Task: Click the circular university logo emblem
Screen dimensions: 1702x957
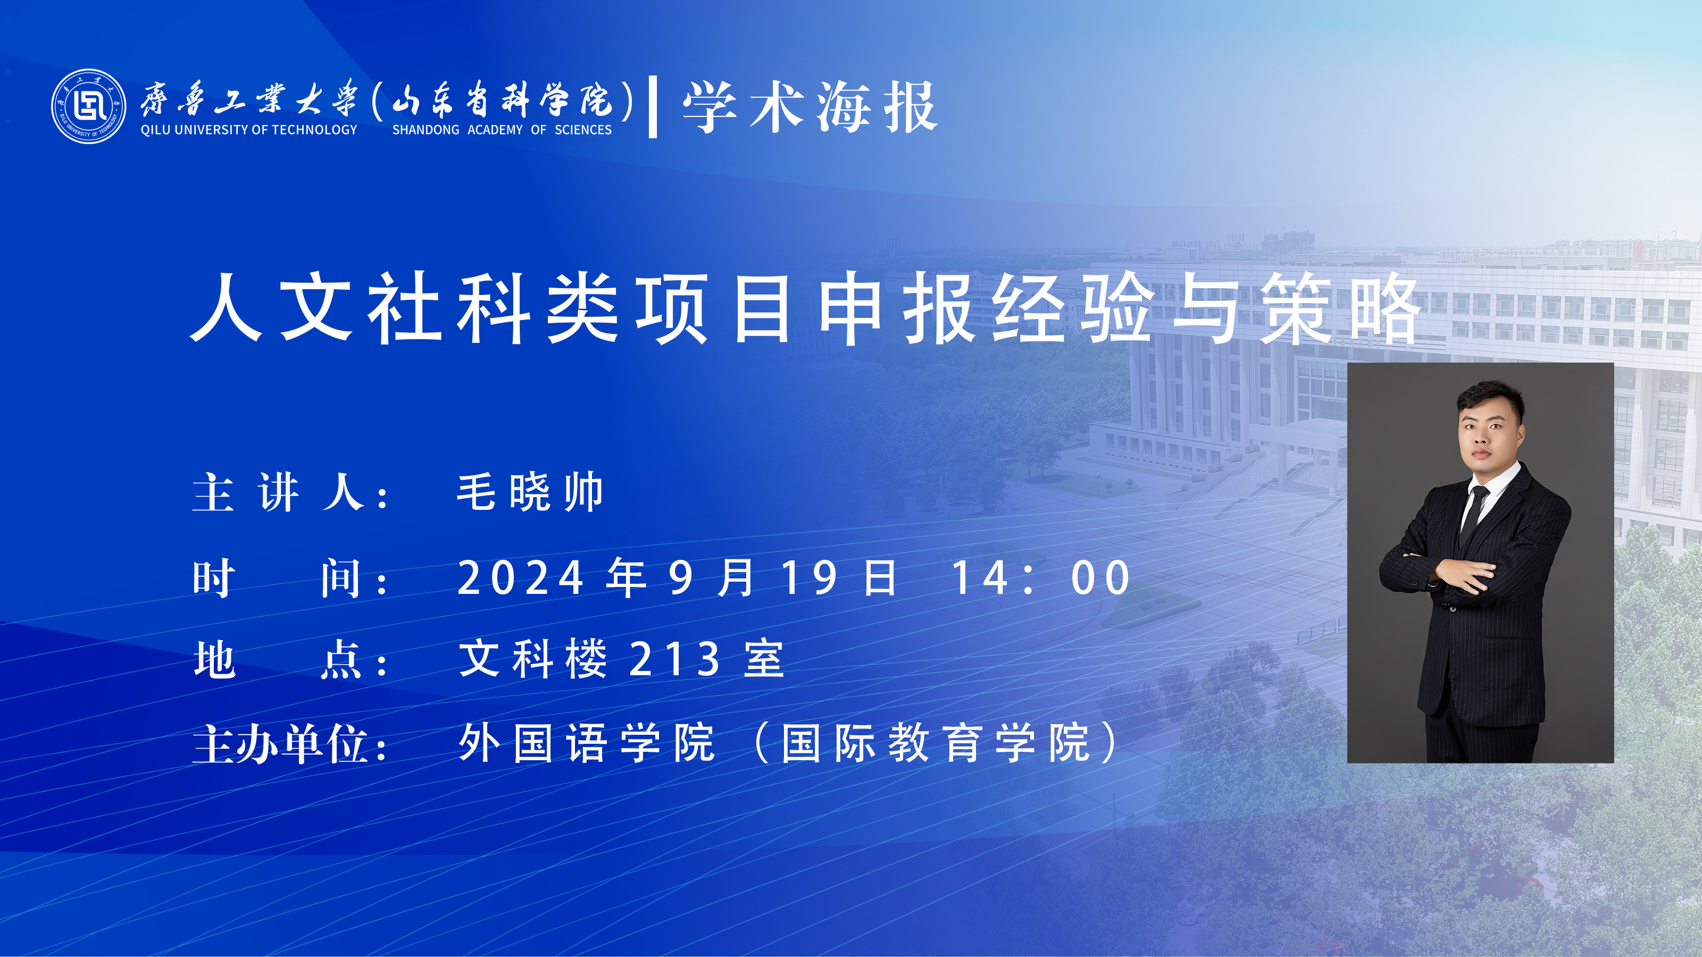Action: tap(88, 106)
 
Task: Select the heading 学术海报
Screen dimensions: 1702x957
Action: tap(810, 107)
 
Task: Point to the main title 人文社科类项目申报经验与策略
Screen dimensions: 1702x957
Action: tap(805, 308)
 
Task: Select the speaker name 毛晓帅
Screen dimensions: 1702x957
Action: tap(530, 492)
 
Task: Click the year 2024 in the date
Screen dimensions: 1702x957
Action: tap(521, 578)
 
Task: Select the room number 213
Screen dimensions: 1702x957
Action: tap(674, 659)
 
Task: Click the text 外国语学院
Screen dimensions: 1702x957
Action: tap(587, 743)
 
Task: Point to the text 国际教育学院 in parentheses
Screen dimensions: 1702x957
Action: tap(936, 743)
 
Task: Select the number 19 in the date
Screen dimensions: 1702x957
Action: tap(810, 578)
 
